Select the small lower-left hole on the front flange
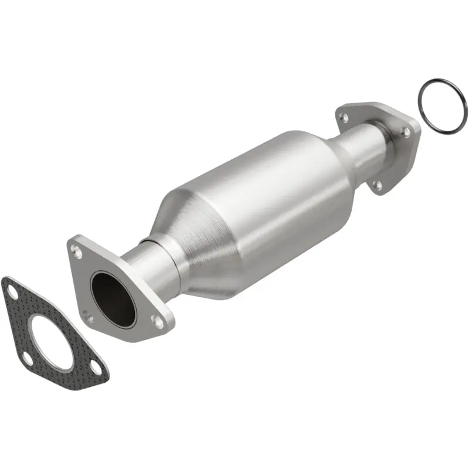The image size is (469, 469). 88,319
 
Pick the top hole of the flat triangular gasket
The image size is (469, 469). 9,290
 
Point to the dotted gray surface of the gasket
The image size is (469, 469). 23,322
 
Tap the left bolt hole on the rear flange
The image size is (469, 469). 345,118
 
